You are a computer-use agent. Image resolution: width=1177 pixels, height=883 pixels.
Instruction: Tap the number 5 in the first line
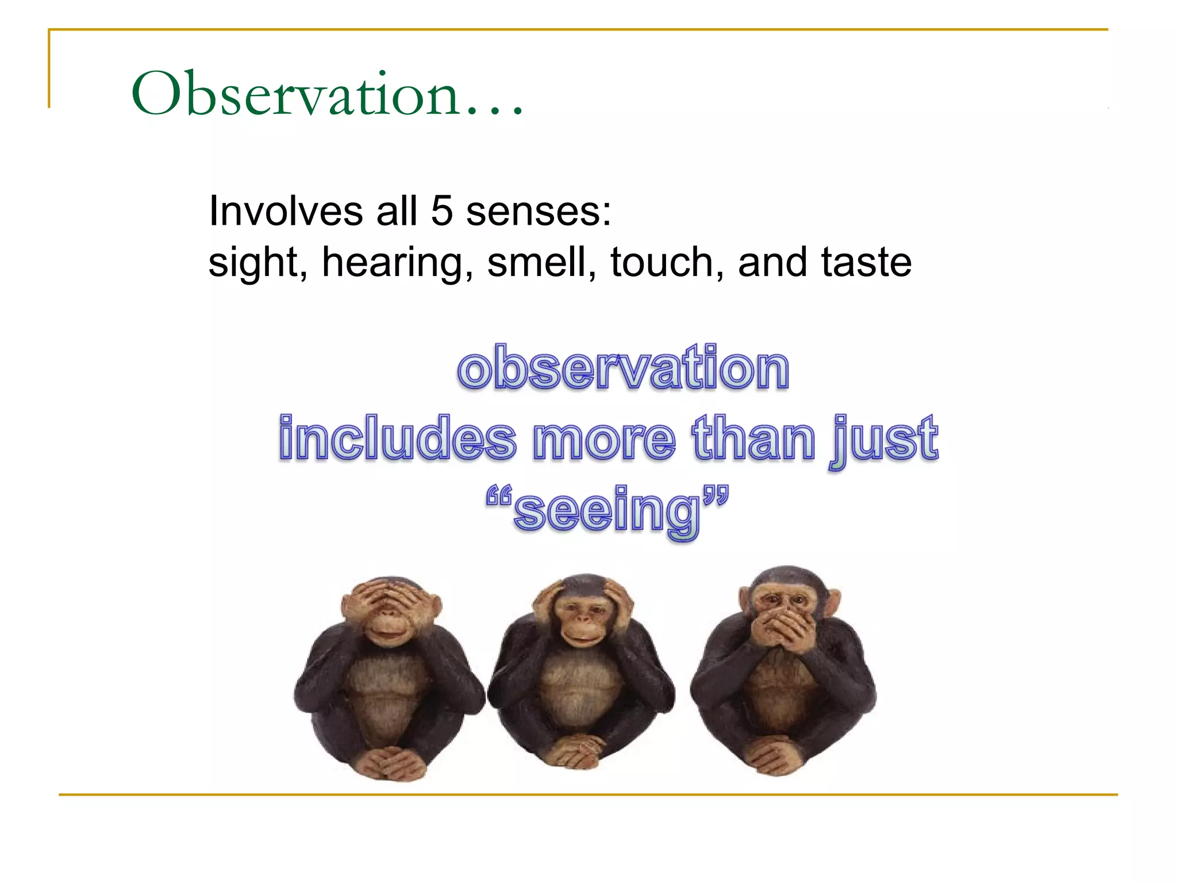442,211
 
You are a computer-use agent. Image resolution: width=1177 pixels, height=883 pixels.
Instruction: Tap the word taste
867,263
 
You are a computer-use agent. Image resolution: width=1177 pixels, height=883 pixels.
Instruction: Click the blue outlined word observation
624,368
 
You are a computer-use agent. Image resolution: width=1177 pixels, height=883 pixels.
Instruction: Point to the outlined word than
754,439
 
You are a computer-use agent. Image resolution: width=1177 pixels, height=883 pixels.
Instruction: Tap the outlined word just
884,440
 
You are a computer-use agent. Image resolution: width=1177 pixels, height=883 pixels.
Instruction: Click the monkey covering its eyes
389,678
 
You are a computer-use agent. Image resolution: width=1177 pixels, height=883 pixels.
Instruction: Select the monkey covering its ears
582,673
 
